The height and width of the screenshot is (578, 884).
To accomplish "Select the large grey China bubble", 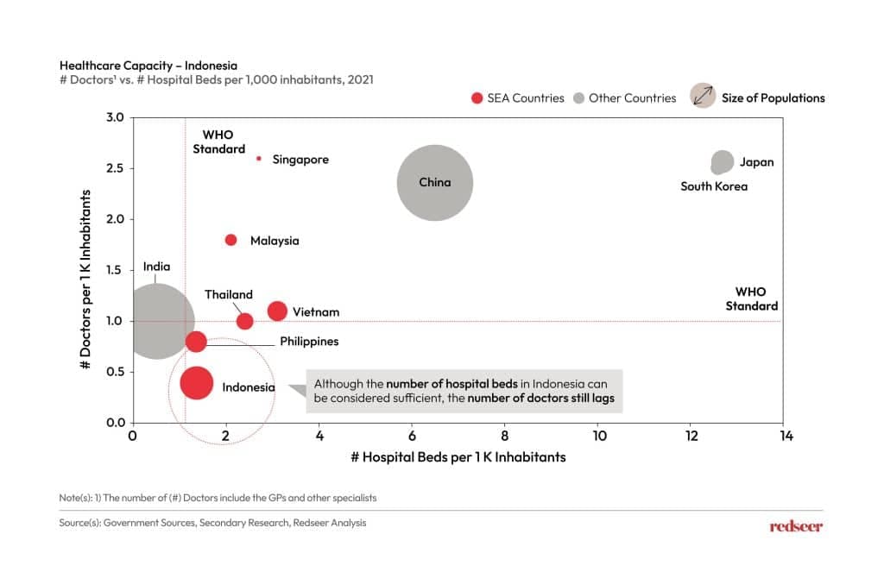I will [435, 182].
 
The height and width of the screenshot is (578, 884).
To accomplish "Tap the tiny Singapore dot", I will [258, 159].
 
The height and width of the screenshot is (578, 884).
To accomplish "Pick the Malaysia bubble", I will [230, 240].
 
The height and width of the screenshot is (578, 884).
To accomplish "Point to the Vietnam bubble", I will [277, 311].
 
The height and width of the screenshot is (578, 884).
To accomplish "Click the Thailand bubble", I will [244, 321].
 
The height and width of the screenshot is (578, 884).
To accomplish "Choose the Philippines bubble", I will [196, 341].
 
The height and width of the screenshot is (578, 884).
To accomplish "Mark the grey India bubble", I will [155, 320].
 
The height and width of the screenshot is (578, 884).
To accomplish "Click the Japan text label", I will [757, 162].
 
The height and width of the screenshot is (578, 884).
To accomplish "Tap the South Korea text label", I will [713, 186].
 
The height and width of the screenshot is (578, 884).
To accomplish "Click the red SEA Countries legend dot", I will [477, 98].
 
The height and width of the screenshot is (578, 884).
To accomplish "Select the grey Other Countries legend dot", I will [578, 98].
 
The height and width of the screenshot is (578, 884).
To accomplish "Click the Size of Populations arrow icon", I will [703, 97].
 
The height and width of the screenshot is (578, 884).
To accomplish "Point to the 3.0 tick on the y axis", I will [115, 117].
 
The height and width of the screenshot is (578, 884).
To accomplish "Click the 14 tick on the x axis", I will [782, 437].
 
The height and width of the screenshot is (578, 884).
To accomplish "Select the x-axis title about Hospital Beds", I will [458, 456].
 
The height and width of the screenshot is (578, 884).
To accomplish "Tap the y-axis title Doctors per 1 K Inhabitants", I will [86, 270].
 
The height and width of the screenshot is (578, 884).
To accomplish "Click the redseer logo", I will [795, 526].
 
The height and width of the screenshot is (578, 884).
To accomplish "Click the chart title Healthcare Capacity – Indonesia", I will [148, 65].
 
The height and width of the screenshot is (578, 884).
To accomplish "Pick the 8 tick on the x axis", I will [504, 437].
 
